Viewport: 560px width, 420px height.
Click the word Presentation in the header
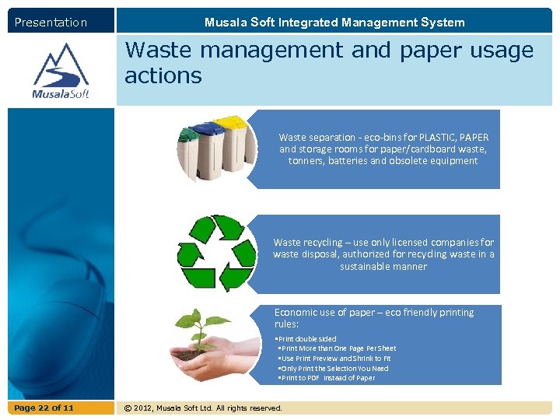click(51, 23)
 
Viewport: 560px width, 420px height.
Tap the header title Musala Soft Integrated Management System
click(334, 23)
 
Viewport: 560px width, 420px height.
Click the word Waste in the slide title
click(157, 51)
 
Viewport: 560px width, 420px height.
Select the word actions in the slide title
click(163, 76)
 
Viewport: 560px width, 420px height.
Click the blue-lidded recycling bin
click(206, 148)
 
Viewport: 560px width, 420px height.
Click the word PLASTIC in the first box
click(439, 137)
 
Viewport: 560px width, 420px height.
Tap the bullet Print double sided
click(306, 339)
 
